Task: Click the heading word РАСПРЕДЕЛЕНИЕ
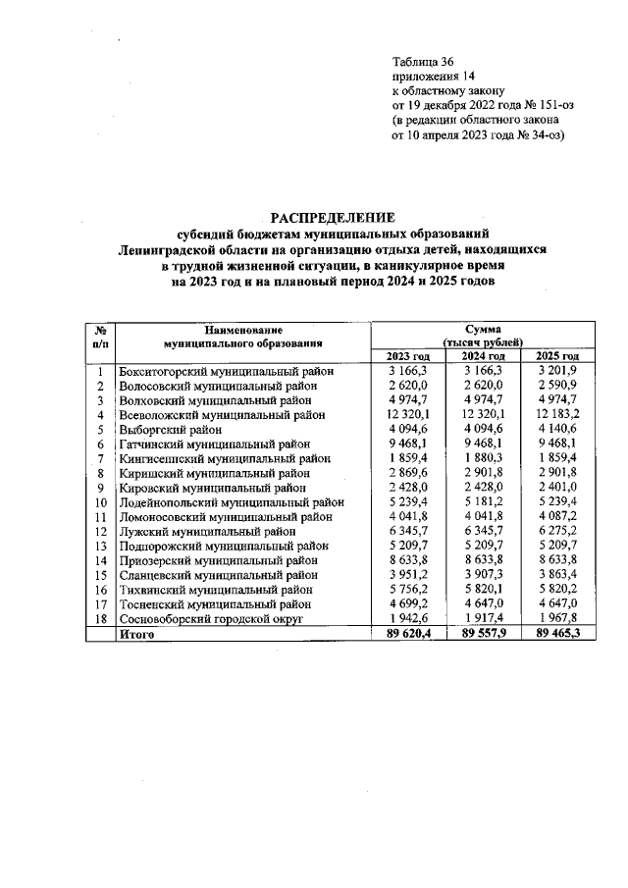pos(333,217)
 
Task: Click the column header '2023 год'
pos(409,356)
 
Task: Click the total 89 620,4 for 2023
pos(408,636)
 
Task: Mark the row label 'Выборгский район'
pos(170,430)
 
